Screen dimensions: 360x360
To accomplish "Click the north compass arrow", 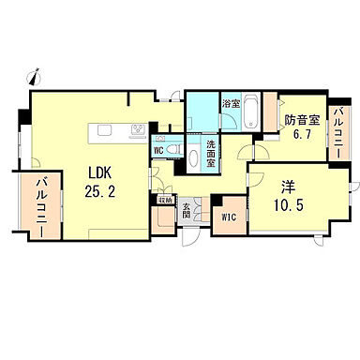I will click(36, 70).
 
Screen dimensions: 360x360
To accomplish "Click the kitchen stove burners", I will click(138, 129).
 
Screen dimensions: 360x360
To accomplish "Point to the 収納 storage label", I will click(164, 199).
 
